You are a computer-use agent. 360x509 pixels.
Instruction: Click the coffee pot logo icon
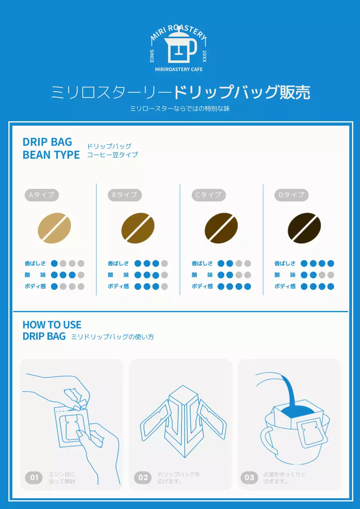pos(180,50)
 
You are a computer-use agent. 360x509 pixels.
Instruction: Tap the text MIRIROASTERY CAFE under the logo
pos(179,69)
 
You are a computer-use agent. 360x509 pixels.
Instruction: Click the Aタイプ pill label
pos(42,195)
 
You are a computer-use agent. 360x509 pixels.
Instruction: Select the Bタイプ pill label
pos(125,195)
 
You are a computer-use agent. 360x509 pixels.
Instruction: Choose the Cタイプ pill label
pos(208,195)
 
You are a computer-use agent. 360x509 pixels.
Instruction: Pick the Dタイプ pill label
pos(292,195)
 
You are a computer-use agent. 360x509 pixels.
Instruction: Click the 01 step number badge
pos(34,478)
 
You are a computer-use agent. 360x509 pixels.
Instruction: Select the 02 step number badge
pos(143,478)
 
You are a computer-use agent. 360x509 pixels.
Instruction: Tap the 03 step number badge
pos(249,477)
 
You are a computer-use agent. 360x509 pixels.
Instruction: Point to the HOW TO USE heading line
pos(52,325)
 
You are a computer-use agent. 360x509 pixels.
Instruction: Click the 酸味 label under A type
pos(35,275)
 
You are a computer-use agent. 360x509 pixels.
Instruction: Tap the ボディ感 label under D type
pos(285,286)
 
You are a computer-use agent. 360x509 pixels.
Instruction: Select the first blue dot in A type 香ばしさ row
pos(54,263)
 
